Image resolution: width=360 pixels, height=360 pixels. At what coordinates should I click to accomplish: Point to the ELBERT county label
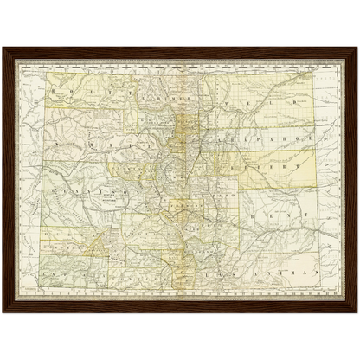pos(277,162)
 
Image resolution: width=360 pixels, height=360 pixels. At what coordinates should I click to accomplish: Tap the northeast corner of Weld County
pos(313,73)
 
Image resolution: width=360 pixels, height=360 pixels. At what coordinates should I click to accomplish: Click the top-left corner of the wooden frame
pos(3,48)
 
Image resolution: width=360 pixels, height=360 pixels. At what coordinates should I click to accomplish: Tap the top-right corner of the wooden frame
pos(357,48)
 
